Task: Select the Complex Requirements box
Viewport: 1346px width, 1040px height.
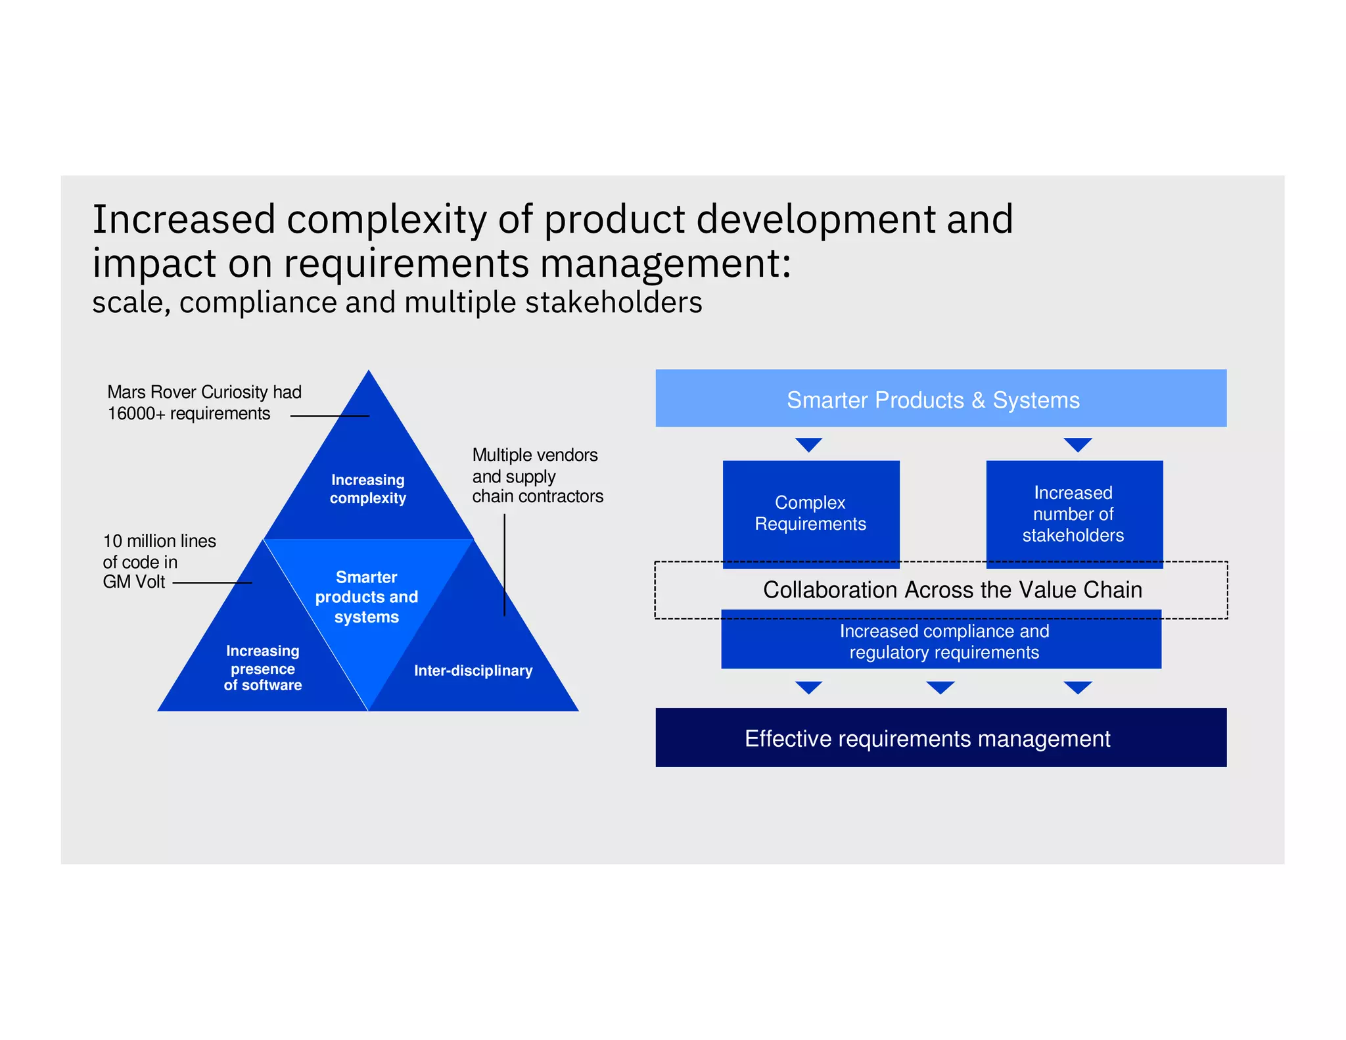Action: pos(810,513)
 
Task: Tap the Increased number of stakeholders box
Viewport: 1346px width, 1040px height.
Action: pos(1074,513)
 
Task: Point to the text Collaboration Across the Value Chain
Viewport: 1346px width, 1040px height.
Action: pos(952,590)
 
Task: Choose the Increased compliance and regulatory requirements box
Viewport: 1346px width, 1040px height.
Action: pos(944,642)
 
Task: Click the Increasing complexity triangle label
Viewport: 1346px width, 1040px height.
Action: pos(367,488)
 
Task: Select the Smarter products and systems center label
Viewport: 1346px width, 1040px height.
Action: pos(366,596)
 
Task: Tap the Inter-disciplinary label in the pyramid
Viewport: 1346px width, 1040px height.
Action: pos(473,671)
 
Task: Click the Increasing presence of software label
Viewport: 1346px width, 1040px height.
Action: pos(262,668)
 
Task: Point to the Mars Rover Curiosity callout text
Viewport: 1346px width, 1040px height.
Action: pos(204,392)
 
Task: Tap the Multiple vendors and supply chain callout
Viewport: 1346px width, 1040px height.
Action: pos(537,475)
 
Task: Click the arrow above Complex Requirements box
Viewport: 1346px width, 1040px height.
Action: pos(808,444)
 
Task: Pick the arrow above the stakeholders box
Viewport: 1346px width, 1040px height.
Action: pos(1077,444)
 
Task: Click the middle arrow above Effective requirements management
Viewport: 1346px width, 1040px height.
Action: pos(940,688)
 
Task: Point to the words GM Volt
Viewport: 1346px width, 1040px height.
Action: pos(133,582)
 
